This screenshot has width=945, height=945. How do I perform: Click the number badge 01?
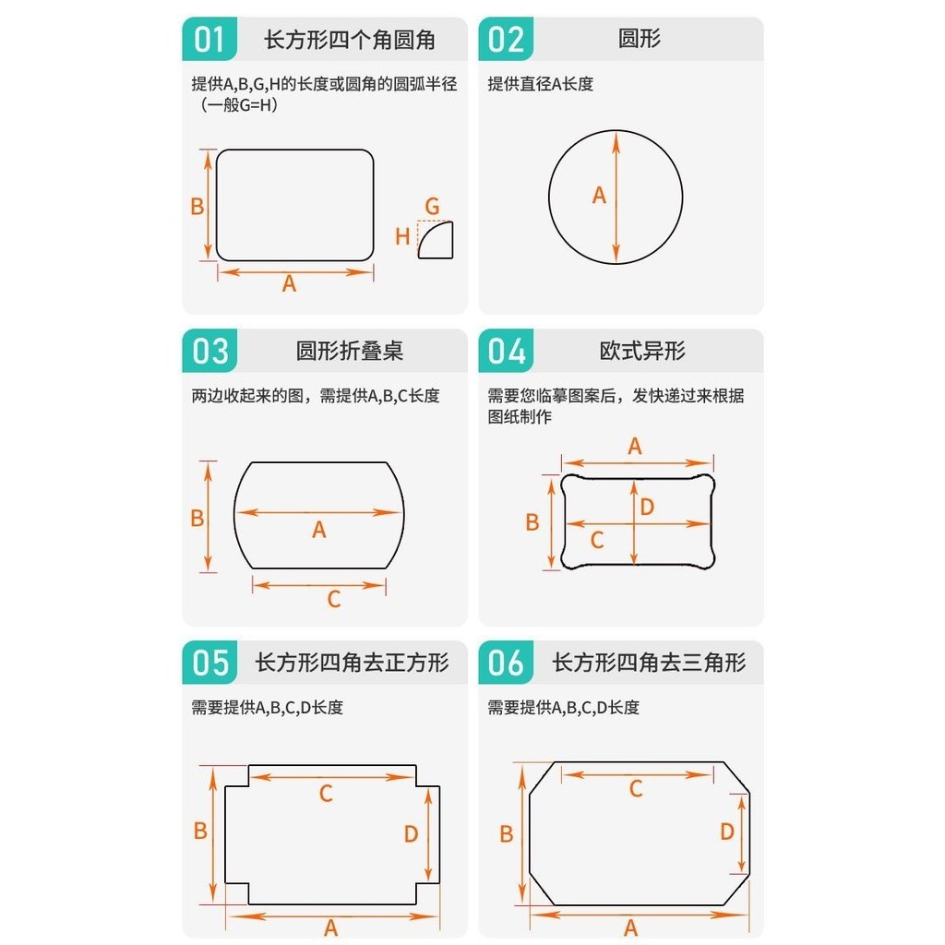[209, 39]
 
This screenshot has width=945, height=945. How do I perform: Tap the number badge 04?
[507, 351]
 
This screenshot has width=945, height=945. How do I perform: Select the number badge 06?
[507, 663]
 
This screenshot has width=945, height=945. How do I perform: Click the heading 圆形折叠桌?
[349, 351]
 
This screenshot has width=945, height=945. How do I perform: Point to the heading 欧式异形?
[642, 351]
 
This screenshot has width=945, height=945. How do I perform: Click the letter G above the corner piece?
[432, 206]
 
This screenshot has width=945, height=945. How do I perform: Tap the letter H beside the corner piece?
[402, 236]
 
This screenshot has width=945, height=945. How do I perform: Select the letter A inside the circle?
[599, 196]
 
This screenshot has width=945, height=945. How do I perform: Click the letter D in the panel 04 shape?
[647, 507]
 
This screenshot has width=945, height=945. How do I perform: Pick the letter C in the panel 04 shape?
[597, 540]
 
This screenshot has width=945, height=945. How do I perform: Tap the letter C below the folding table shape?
[334, 599]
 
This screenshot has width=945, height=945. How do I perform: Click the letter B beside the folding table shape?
[197, 519]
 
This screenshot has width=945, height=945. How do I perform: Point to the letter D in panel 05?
[411, 834]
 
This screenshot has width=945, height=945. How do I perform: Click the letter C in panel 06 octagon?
[636, 789]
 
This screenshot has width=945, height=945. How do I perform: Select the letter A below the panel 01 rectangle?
[289, 283]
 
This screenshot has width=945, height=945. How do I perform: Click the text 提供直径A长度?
[541, 84]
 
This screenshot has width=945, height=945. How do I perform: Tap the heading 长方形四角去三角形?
[650, 663]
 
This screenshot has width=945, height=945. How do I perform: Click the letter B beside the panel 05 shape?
[200, 831]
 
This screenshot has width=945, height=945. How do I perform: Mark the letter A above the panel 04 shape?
[635, 447]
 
